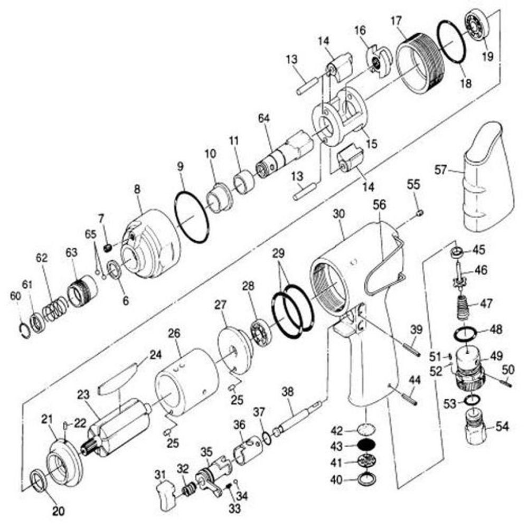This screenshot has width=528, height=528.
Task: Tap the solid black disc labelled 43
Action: point(366,446)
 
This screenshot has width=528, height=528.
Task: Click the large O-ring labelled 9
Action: point(192,216)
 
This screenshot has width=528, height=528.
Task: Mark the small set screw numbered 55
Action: point(420,213)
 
